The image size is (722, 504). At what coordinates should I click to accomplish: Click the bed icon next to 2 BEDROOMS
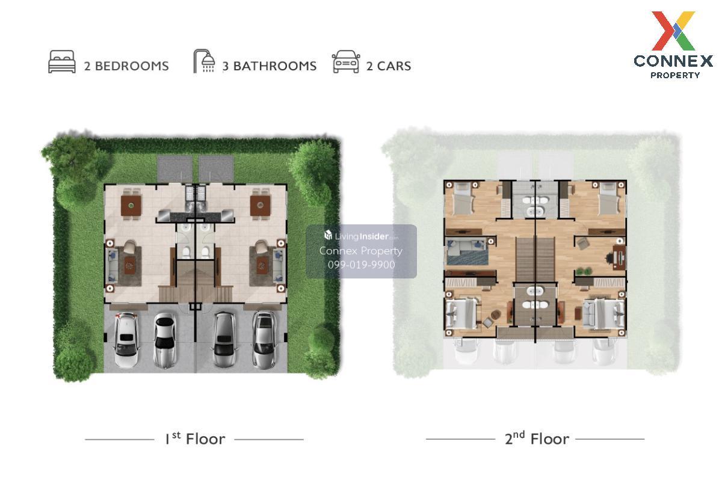(62, 61)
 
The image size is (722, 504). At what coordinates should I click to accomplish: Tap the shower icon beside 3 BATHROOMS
(205, 61)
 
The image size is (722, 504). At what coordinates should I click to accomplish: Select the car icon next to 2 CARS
(346, 61)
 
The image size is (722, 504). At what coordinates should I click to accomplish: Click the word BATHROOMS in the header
(274, 66)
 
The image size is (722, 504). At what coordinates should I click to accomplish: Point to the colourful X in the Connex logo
(673, 31)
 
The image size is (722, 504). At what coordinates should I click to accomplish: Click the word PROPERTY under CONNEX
(675, 75)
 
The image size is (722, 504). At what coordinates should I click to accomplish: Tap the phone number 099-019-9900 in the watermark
(362, 265)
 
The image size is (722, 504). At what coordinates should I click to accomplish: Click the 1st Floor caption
(196, 438)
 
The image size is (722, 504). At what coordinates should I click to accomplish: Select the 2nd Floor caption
(537, 438)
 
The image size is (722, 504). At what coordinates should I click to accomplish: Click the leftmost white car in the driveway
(126, 340)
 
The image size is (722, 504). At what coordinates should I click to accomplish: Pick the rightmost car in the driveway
(264, 340)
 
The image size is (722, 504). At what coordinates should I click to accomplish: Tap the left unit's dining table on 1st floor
(131, 206)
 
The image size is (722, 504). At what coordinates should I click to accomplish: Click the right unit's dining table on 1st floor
(260, 206)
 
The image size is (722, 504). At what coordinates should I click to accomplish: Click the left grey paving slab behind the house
(174, 169)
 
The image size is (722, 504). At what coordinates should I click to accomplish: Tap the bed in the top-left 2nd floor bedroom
(463, 200)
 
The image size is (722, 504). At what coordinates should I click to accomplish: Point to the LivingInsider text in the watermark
(362, 236)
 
